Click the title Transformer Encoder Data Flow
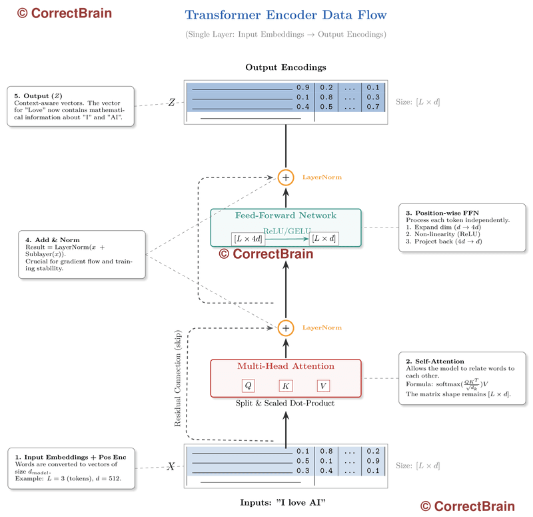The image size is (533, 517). [285, 15]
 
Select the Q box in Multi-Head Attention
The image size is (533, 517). [248, 386]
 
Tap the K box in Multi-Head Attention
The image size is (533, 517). [286, 386]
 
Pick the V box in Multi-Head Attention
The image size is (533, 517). [324, 386]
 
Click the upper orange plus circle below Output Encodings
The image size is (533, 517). [286, 177]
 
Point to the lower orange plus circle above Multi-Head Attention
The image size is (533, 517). [286, 328]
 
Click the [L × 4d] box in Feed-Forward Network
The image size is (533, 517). [247, 239]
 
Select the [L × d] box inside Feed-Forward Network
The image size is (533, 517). [324, 239]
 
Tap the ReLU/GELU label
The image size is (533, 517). [285, 230]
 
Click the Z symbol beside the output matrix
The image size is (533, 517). [172, 103]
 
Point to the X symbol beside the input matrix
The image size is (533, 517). [171, 466]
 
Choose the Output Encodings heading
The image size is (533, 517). [285, 67]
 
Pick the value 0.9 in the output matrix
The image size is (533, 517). [303, 87]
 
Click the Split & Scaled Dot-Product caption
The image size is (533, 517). [286, 404]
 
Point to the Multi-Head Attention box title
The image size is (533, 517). [286, 366]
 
